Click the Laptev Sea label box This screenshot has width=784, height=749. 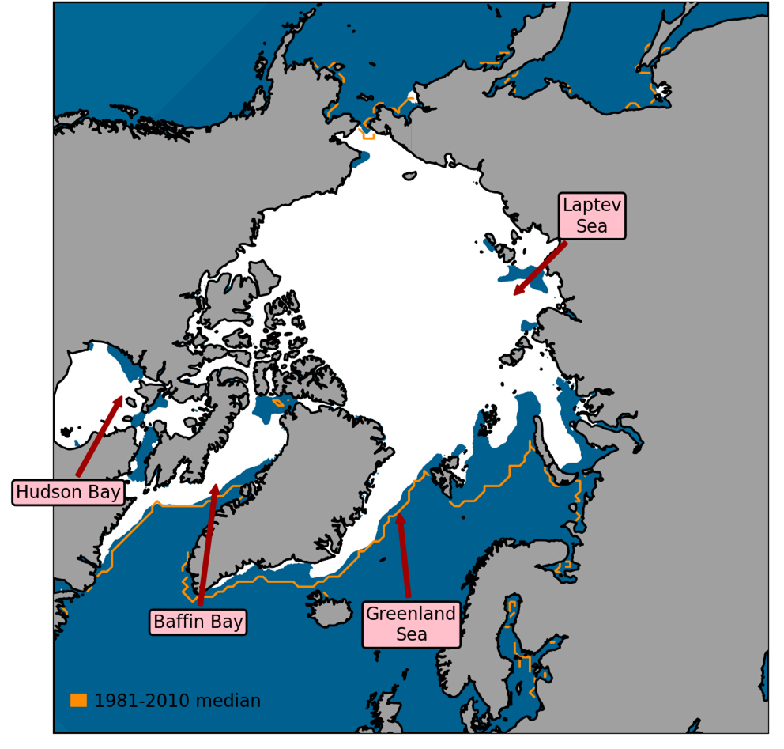click(x=591, y=215)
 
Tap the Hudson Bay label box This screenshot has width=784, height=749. click(x=69, y=492)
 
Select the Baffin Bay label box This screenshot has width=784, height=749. click(x=198, y=622)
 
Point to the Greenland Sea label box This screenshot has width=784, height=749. click(x=411, y=624)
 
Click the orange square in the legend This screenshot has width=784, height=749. click(x=78, y=701)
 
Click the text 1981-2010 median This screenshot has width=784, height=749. click(x=177, y=701)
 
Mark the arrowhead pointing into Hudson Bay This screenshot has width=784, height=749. click(x=121, y=398)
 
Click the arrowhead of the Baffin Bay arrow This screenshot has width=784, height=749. click(x=215, y=486)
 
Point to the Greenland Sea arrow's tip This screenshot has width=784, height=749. click(x=399, y=515)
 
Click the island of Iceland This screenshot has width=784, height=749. click(x=328, y=610)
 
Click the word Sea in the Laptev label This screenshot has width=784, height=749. click(x=592, y=226)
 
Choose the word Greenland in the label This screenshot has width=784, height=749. click(x=411, y=614)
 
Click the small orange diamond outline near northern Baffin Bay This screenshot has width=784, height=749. click(x=277, y=403)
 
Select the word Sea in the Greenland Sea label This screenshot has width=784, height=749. click(x=411, y=634)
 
